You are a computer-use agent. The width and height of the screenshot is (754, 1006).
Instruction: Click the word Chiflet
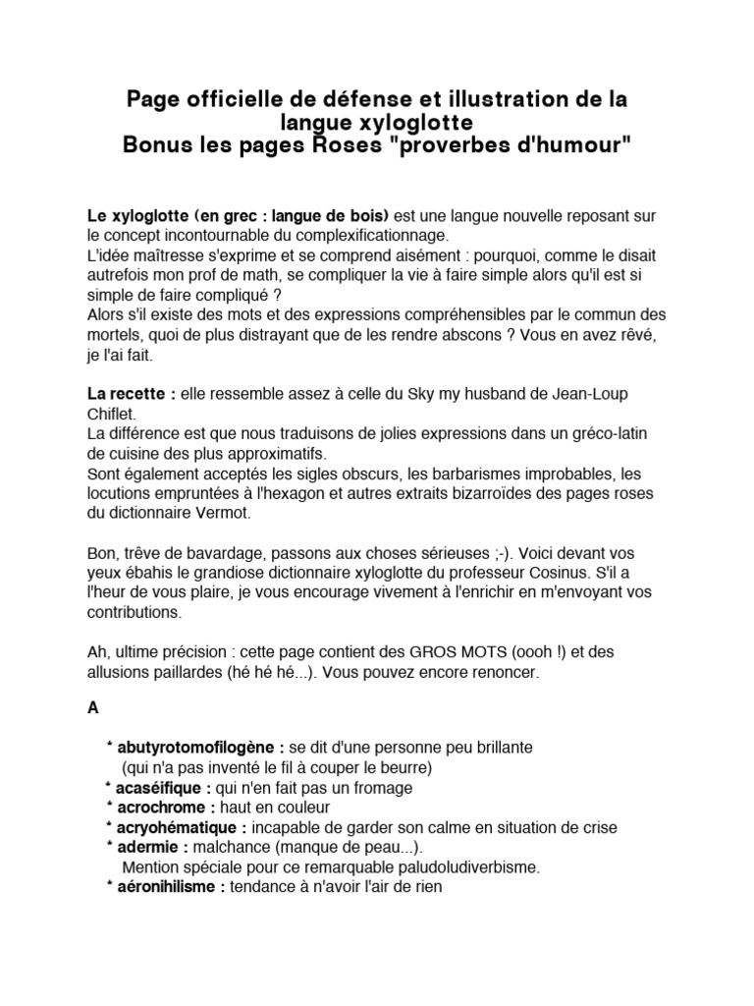click(x=114, y=414)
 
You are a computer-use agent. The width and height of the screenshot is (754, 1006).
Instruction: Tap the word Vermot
click(x=222, y=514)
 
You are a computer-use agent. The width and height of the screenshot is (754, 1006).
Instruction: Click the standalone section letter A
click(x=93, y=707)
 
